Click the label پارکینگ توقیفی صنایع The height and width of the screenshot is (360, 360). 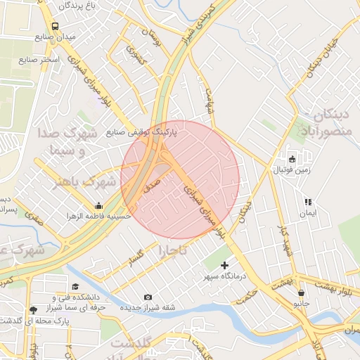[141, 131]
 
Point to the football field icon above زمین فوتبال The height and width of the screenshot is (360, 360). [292, 159]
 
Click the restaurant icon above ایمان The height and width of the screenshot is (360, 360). [307, 202]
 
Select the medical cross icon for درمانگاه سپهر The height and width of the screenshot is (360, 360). [225, 265]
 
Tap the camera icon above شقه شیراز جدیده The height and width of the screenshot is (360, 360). [148, 297]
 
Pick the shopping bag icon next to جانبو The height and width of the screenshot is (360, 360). [301, 293]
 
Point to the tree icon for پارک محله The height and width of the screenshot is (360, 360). [33, 309]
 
